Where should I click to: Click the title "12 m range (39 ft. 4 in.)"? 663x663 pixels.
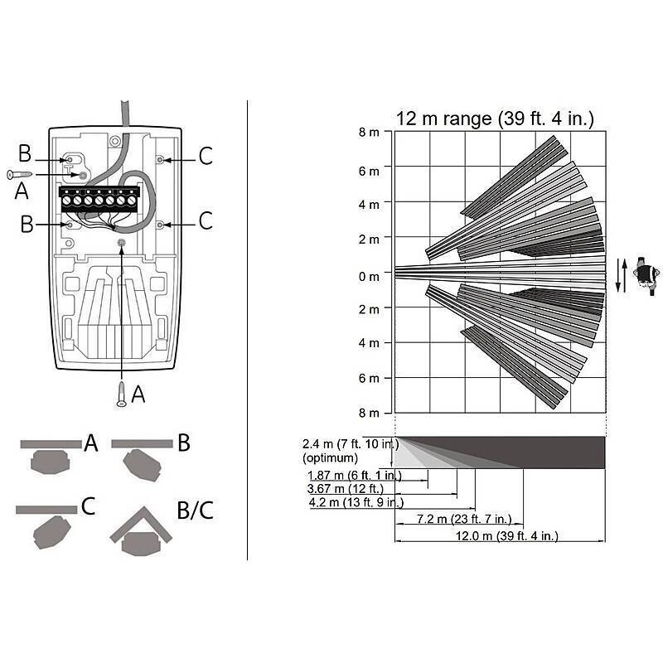(495, 119)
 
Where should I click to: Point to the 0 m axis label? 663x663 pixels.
(369, 277)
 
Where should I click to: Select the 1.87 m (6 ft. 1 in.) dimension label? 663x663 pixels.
(355, 475)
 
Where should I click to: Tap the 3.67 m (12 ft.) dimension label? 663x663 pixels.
(345, 489)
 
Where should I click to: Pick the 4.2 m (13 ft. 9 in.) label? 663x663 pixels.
(356, 502)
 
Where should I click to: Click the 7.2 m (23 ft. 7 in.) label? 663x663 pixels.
(464, 519)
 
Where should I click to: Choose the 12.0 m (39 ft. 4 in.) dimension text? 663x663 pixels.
(506, 535)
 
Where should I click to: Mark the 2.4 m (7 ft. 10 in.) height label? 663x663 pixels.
(351, 444)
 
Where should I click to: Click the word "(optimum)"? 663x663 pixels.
(330, 458)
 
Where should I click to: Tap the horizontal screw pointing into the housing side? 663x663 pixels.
(20, 174)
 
